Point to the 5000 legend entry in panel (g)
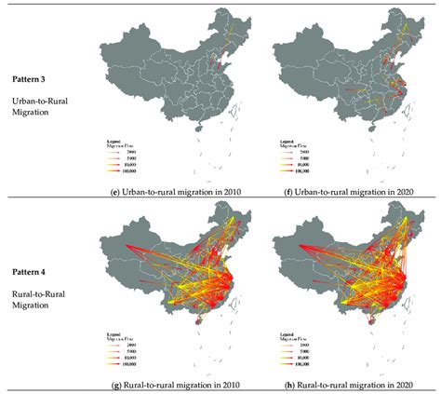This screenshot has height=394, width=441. click(125, 352)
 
